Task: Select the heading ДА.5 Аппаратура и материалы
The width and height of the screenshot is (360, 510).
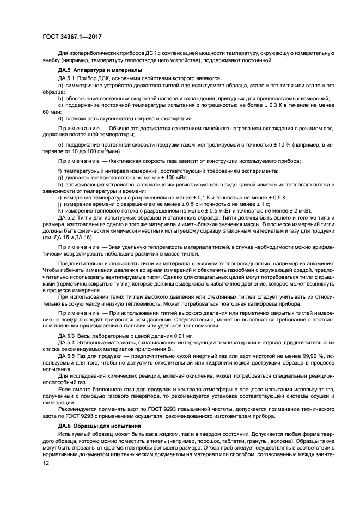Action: [x=93, y=70]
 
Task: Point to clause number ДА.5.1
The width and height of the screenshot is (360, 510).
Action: [x=68, y=78]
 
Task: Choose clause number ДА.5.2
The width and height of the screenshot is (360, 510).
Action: [x=68, y=217]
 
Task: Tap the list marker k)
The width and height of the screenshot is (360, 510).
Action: [x=60, y=210]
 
